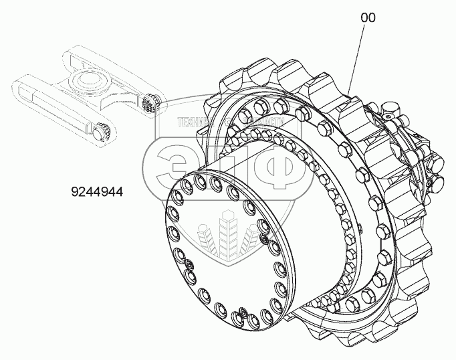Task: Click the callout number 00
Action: [368, 18]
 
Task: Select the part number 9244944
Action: [98, 191]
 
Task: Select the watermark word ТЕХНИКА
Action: [194, 122]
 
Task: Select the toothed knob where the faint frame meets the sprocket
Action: [150, 104]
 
